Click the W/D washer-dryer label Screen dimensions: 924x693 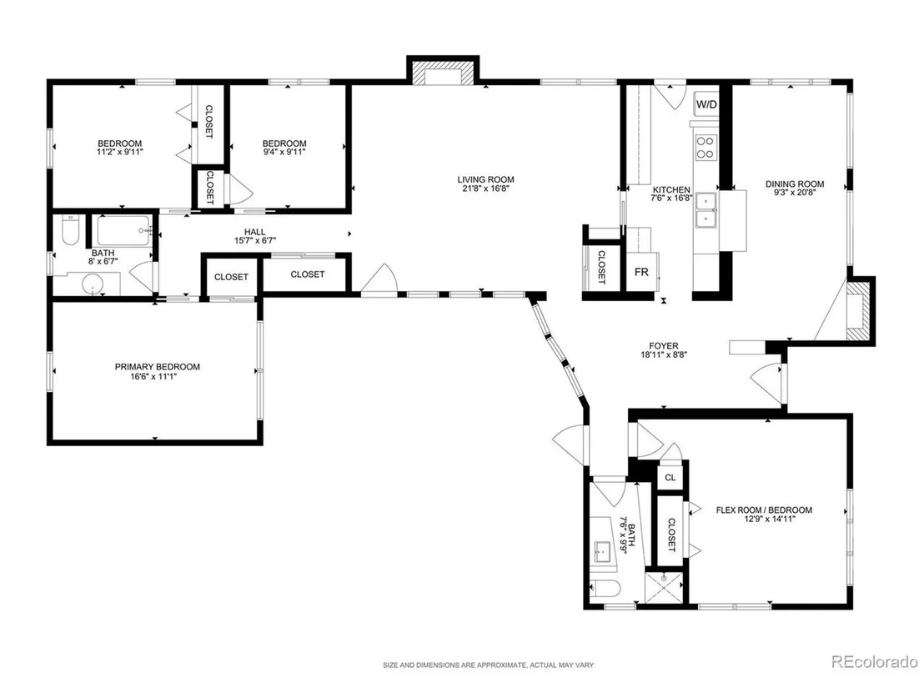(x=706, y=105)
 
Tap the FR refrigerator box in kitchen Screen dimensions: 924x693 (x=642, y=272)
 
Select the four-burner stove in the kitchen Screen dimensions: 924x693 (x=706, y=148)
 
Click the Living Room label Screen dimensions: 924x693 (x=485, y=179)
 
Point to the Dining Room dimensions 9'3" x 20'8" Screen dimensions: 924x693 (x=795, y=192)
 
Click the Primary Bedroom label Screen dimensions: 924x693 (x=158, y=367)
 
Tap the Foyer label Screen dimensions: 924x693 (x=664, y=346)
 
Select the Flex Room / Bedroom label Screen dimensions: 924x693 (x=764, y=510)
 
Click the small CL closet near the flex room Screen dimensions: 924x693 (x=670, y=477)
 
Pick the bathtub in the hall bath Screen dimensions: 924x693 (x=123, y=230)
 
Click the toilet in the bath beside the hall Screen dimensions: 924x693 (x=70, y=230)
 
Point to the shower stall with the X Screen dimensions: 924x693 (x=664, y=588)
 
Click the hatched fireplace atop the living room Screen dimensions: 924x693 (x=443, y=73)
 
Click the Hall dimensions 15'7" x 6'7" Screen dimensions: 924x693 (x=255, y=240)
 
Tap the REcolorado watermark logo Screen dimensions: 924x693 (x=875, y=662)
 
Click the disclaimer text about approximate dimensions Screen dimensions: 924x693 (x=488, y=665)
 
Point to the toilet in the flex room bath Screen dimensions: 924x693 (x=605, y=588)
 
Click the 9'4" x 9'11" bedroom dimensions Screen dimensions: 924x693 (x=284, y=152)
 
